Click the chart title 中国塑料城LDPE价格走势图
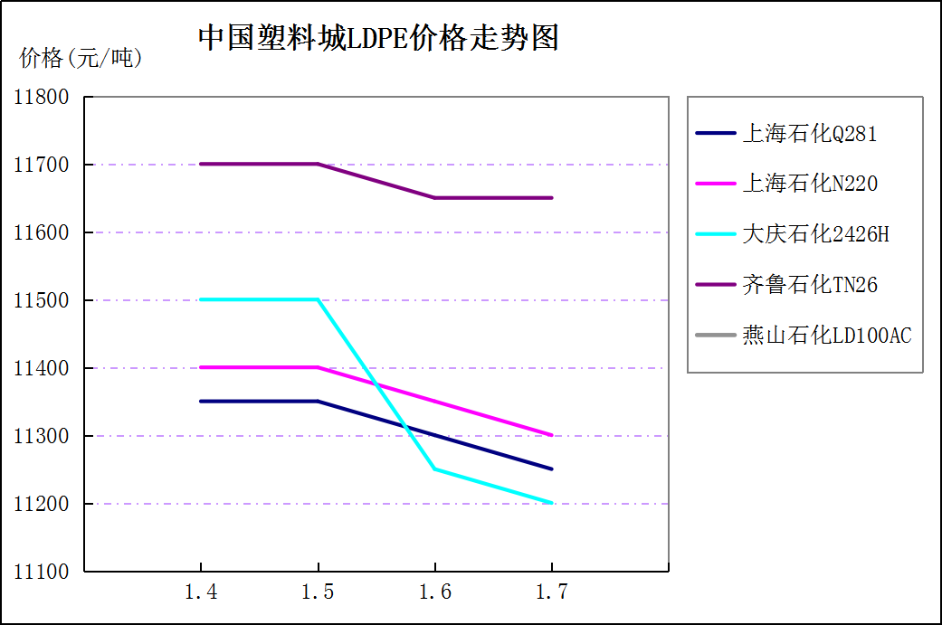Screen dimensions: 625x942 (378, 38)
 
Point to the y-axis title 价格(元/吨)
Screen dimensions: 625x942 (81, 59)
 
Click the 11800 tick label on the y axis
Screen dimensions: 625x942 (42, 97)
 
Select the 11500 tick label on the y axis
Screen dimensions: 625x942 (42, 300)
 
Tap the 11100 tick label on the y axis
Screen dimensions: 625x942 (42, 572)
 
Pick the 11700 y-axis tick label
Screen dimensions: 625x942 (42, 165)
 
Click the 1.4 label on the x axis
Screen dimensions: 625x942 (201, 592)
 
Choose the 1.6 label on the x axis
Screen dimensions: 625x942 (435, 592)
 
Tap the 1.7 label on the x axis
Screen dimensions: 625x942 (552, 592)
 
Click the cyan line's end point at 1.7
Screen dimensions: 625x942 (552, 503)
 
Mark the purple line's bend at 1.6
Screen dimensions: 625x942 (435, 198)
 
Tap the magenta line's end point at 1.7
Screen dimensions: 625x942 (552, 435)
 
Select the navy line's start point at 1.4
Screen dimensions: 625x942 (201, 402)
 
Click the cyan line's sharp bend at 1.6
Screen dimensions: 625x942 (435, 469)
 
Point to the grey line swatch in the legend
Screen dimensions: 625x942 (715, 336)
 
